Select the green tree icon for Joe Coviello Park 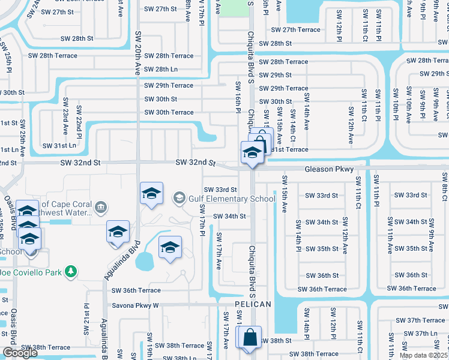pyautogui.click(x=71, y=272)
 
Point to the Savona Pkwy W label pyautogui.click(x=135, y=305)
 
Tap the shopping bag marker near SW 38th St pyautogui.click(x=249, y=337)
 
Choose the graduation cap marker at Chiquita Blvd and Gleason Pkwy pyautogui.click(x=253, y=152)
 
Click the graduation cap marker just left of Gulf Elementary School pyautogui.click(x=151, y=193)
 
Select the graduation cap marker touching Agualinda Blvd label pyautogui.click(x=118, y=232)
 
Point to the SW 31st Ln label pyautogui.click(x=59, y=145)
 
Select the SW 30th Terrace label pyautogui.click(x=169, y=112)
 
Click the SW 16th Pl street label pyautogui.click(x=238, y=97)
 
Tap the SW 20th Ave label pyautogui.click(x=138, y=53)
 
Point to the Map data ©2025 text pyautogui.click(x=424, y=355)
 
